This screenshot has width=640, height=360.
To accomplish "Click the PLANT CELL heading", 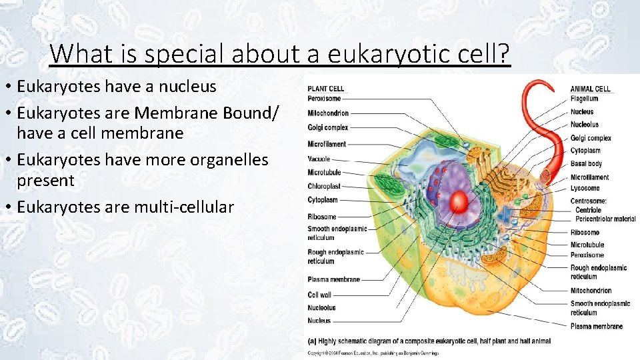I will [x=326, y=89].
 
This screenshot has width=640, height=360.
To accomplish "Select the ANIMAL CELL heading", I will [x=590, y=89].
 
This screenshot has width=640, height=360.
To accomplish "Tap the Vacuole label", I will [x=319, y=159].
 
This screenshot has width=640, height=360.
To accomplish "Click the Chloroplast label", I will [x=324, y=187].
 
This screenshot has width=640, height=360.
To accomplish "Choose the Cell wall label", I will [x=319, y=295].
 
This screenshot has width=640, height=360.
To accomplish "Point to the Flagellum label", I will [x=585, y=99].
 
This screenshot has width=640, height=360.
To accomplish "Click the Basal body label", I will [x=586, y=164].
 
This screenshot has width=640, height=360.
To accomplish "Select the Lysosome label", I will [x=585, y=188].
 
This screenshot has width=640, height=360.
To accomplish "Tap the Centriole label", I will [x=587, y=210].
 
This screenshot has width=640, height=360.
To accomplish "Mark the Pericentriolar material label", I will [x=605, y=219].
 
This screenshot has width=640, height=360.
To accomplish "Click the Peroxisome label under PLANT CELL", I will [x=324, y=99].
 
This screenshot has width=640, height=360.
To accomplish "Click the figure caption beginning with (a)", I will [x=429, y=341].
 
